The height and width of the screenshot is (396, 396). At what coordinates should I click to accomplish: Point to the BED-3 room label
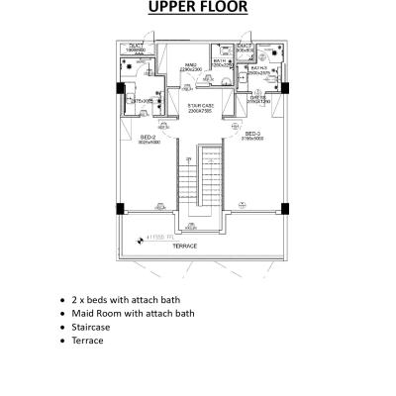(x=251, y=134)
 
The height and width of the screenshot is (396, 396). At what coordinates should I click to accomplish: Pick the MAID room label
(x=191, y=67)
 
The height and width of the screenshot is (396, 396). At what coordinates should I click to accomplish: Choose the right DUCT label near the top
(x=244, y=47)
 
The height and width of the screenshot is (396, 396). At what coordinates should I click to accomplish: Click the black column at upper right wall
(x=283, y=87)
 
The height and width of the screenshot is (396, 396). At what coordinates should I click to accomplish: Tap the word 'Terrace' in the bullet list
(x=88, y=341)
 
